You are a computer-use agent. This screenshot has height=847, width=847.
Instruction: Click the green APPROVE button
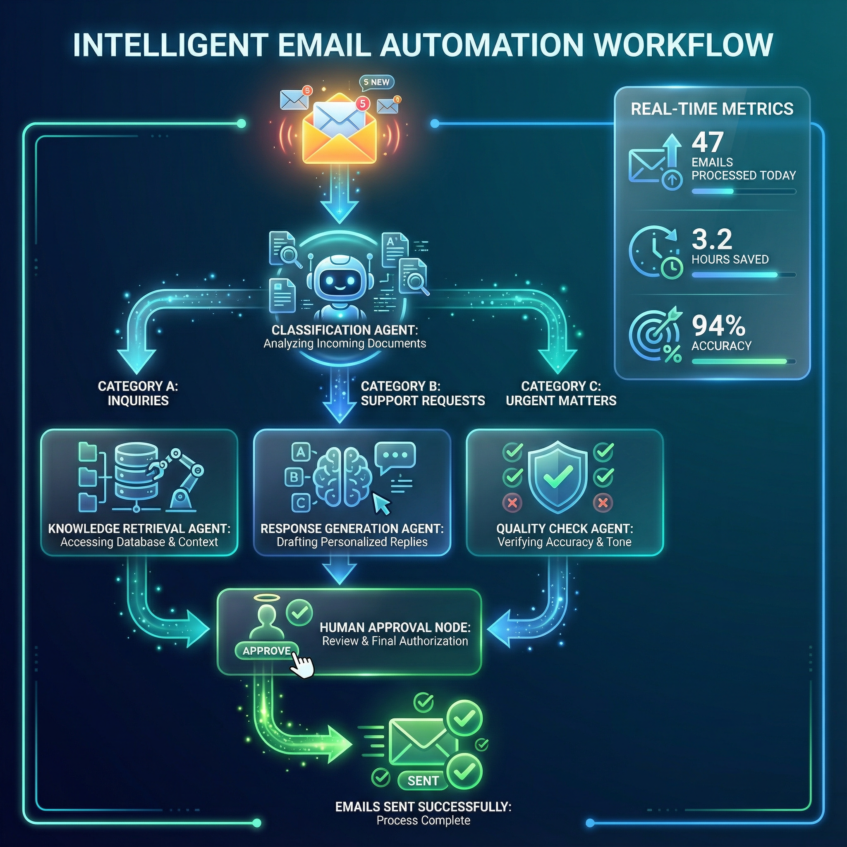point(266,651)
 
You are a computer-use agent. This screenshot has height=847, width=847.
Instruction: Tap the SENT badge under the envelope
point(423,780)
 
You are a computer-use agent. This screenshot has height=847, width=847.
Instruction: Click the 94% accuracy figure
point(718,326)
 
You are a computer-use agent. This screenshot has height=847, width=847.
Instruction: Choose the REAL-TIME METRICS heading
point(712,109)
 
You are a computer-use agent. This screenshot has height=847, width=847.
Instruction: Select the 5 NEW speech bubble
point(377,82)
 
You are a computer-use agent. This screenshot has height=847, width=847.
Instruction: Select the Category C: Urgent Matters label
point(561,393)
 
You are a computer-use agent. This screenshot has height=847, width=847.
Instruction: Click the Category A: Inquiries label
point(138,393)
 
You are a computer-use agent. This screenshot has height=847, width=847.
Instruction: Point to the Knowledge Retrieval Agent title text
point(139,528)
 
